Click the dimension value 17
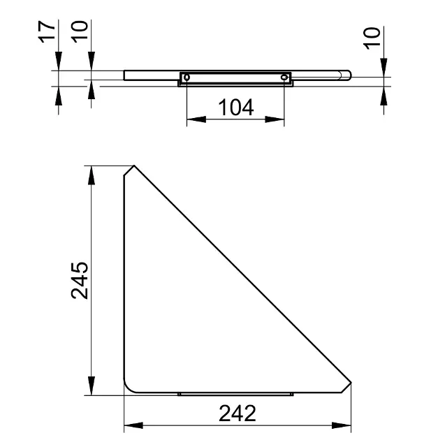coord(47,32)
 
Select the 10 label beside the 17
coord(80,31)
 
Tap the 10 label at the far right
coord(372,38)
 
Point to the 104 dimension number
coord(235,107)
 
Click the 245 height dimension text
coord(80,281)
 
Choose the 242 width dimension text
coord(237,413)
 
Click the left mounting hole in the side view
coord(187,77)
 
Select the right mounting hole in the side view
coord(284,77)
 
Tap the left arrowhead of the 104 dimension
coord(196,120)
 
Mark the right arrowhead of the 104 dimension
coord(275,120)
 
